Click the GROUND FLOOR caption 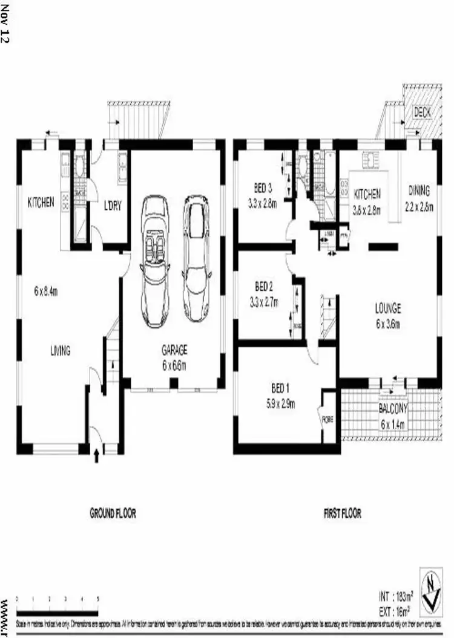(113, 513)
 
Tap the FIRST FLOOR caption (342, 513)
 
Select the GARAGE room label (174, 349)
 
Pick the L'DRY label (113, 206)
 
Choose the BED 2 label (263, 285)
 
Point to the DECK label (421, 111)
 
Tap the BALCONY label (393, 409)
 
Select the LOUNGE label (387, 308)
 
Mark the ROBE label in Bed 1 (327, 418)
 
